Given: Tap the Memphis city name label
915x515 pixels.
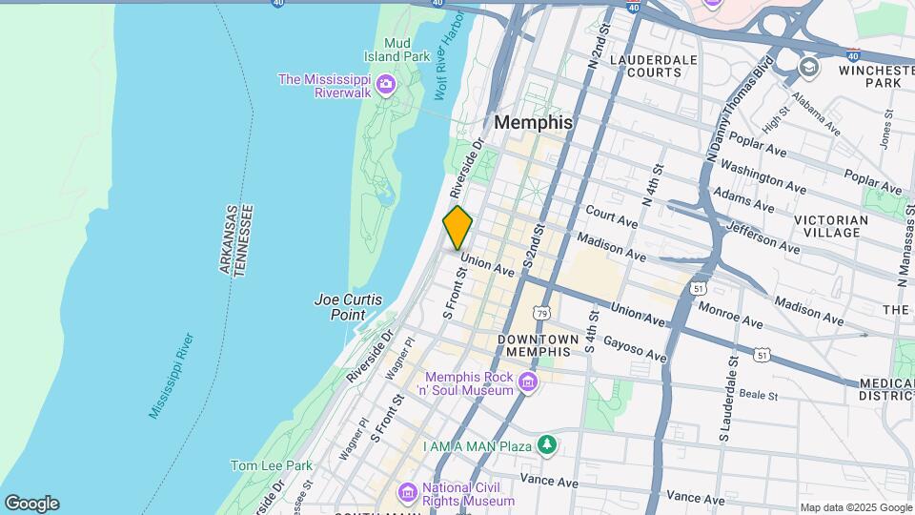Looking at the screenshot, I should point(534,122).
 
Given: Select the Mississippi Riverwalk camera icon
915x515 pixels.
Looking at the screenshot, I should point(386,85).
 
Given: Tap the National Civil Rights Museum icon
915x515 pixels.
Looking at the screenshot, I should point(408,492).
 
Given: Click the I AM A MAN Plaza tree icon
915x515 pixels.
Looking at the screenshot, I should point(546,445).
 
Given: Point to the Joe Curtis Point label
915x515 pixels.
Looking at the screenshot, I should point(348,306).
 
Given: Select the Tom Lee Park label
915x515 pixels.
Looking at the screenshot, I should point(271,465).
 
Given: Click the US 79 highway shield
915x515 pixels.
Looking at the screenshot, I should point(541,312).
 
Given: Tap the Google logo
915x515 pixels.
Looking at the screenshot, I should point(31,504).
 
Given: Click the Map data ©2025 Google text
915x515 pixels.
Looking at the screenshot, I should point(855,507).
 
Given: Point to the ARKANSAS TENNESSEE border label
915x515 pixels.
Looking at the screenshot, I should point(234,240).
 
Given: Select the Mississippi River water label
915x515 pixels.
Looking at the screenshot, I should point(172,376).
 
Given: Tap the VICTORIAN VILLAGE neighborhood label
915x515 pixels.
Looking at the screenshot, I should point(830,226).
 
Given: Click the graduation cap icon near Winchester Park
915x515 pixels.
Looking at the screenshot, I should point(809,67).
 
